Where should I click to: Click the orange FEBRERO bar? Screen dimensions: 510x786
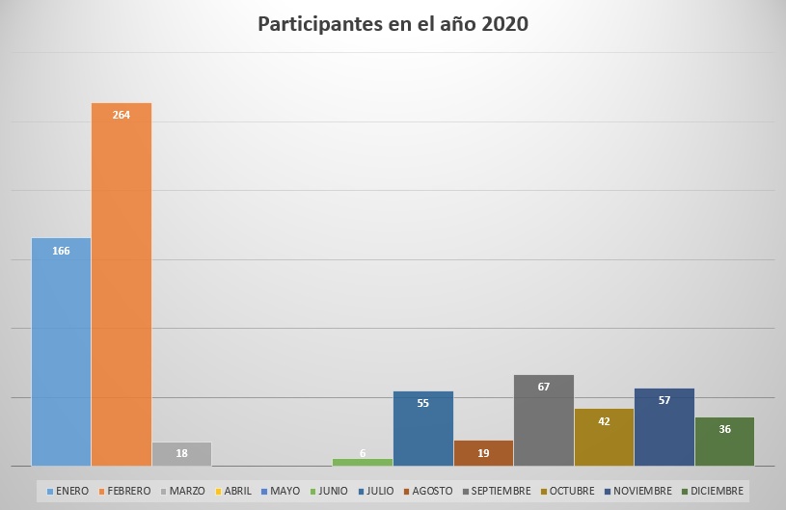(122, 289)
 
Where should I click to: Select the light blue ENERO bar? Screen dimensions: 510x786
(61, 357)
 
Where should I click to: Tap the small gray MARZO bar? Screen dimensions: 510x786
(181, 455)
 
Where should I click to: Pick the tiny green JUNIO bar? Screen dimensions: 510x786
(363, 462)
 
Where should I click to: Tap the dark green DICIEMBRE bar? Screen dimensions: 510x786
(724, 443)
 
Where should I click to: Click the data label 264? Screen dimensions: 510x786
(122, 115)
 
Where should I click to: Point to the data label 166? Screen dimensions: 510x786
(61, 251)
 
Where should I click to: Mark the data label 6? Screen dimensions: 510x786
(363, 453)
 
